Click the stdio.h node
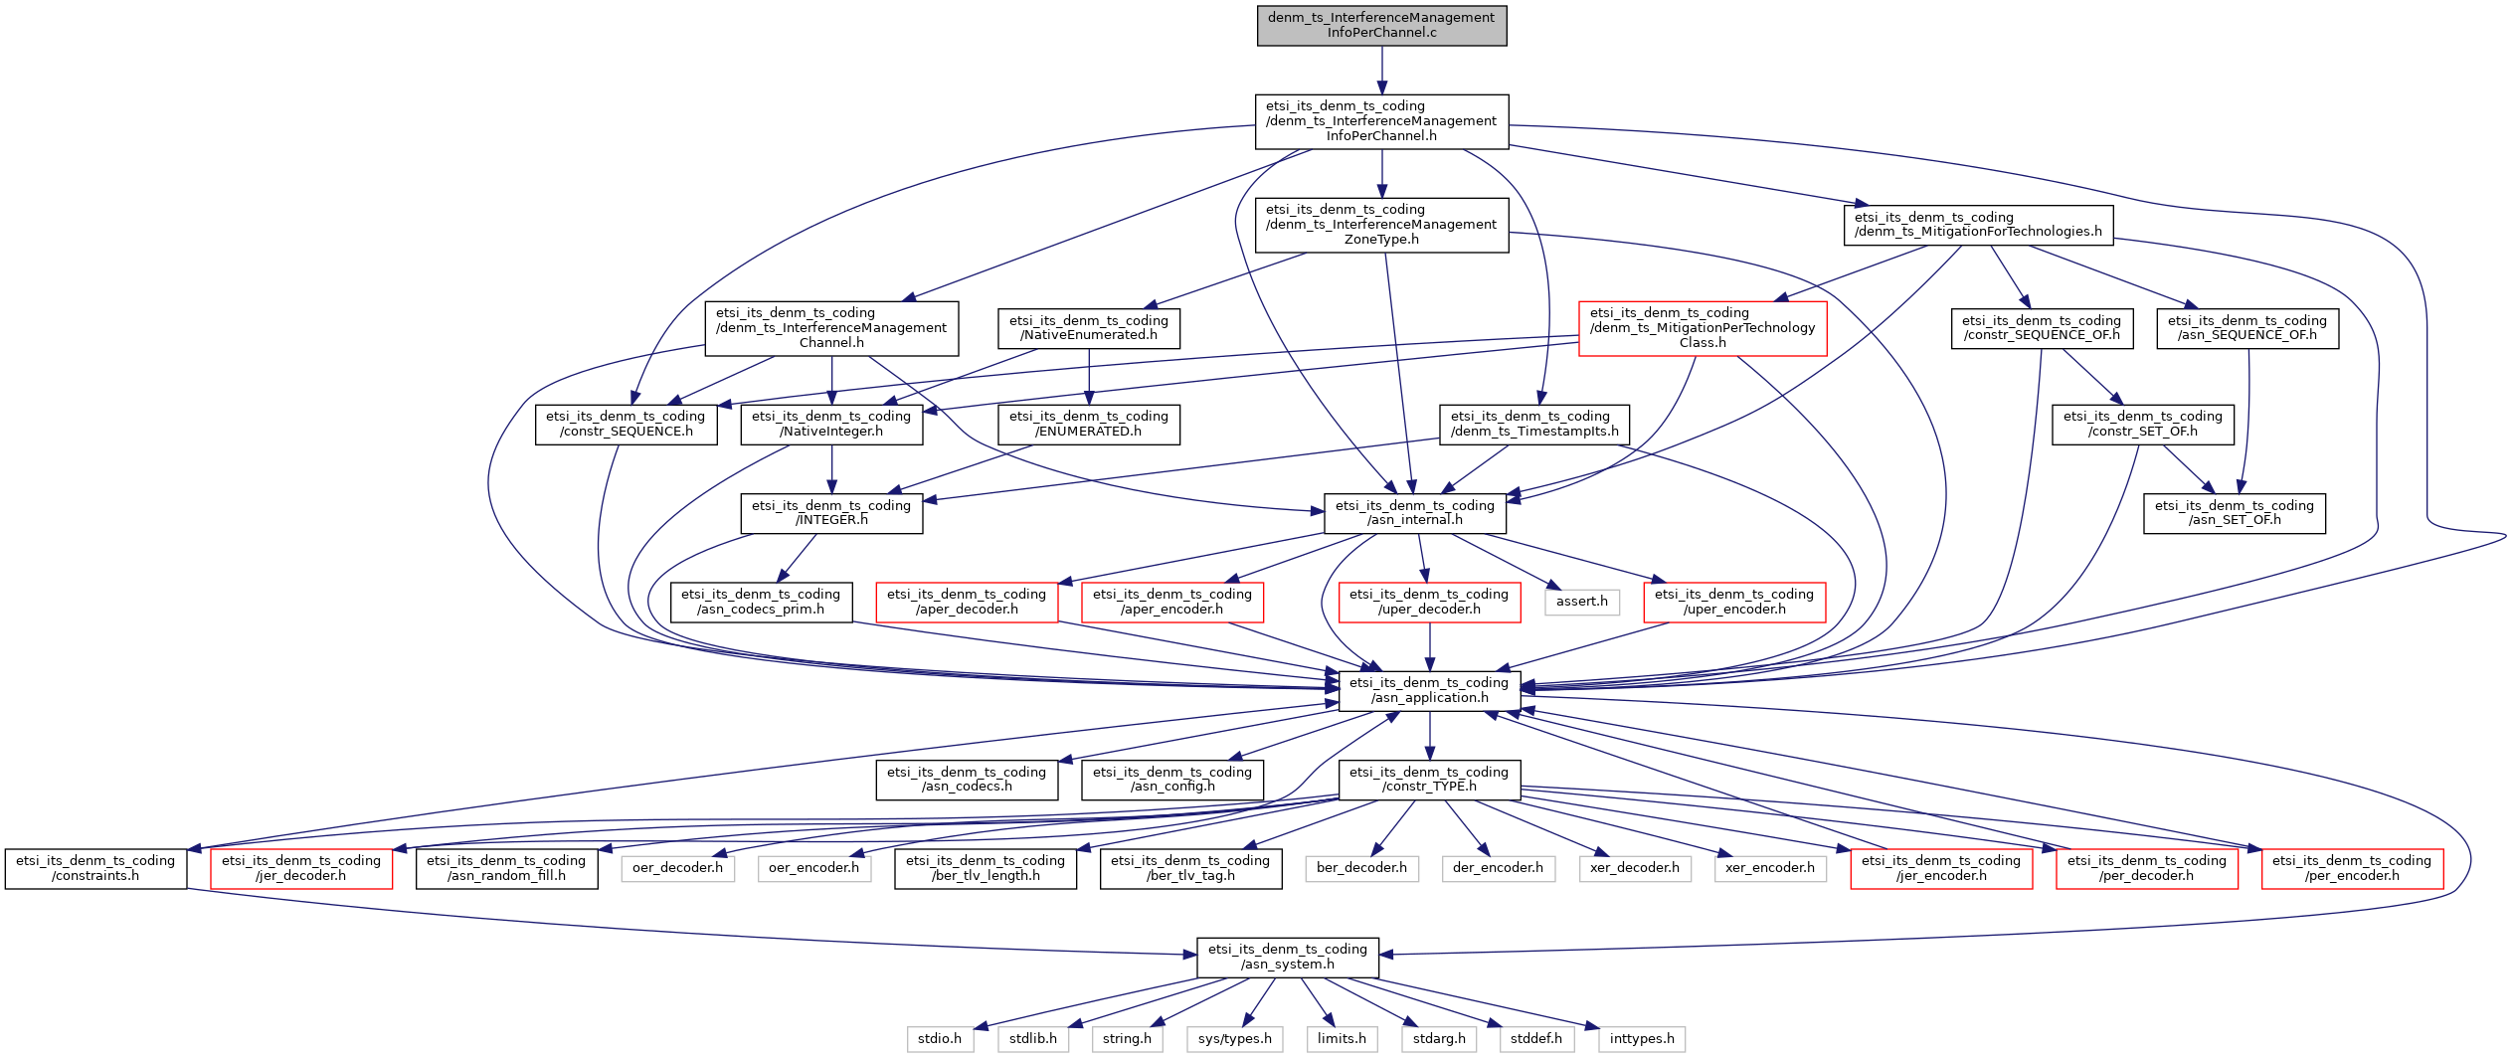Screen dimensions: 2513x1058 tap(940, 1039)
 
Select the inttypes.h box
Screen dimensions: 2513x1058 tap(1642, 1039)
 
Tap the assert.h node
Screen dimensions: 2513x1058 tap(1582, 602)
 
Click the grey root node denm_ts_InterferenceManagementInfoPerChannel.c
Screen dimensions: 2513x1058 tap(1381, 25)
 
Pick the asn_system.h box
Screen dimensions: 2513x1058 tap(1288, 957)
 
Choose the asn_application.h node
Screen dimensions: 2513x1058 tap(1429, 690)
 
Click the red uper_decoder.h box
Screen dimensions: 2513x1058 tap(1429, 602)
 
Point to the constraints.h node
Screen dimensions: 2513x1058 tap(95, 868)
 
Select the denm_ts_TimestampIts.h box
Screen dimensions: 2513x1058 tap(1534, 424)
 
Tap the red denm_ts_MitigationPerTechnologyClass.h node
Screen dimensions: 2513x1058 tap(1703, 328)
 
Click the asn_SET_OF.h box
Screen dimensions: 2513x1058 tap(2235, 513)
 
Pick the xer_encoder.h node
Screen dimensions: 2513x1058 tap(1770, 868)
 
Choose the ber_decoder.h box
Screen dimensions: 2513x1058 tap(1361, 868)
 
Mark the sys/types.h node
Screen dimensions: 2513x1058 tap(1235, 1039)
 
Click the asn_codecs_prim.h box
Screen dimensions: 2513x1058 tap(761, 602)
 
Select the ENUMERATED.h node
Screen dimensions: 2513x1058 tap(1089, 424)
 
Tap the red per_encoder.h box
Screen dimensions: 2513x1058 tap(2352, 868)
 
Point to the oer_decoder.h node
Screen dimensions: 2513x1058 tap(678, 868)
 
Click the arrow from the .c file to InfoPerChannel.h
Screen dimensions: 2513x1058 tap(1381, 70)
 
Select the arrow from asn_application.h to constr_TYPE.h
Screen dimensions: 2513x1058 tap(1429, 736)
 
